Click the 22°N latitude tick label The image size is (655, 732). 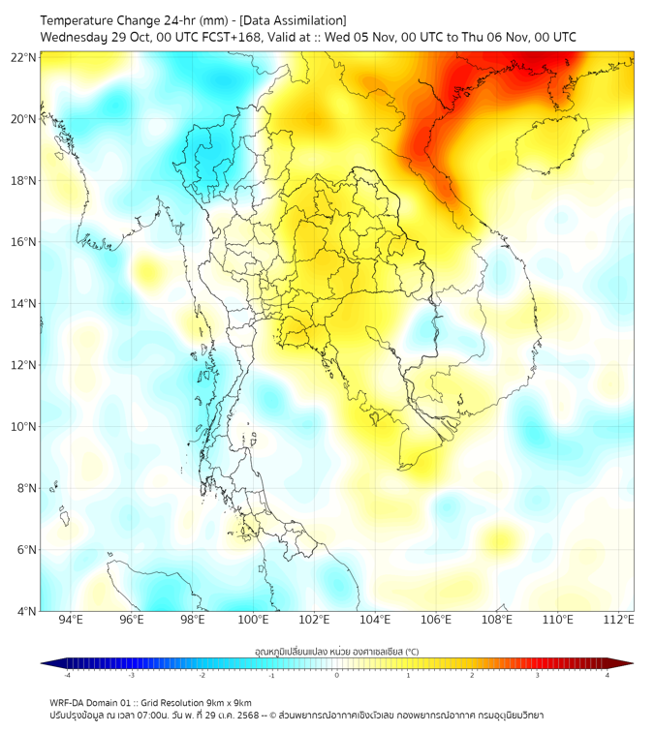click(24, 57)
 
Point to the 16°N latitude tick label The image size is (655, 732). click(24, 242)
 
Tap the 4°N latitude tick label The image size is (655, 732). click(27, 611)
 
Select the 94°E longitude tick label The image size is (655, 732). click(71, 620)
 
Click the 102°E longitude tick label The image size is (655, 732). click(314, 620)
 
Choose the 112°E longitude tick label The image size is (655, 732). click(619, 620)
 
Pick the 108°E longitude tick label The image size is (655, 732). click(497, 620)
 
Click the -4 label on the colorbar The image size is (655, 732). click(66, 675)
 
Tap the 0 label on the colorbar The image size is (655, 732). click(337, 675)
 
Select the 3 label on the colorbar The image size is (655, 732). click(539, 675)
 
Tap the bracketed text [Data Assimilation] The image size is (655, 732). click(294, 20)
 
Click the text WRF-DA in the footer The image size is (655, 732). click(70, 702)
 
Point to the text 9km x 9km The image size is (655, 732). click(230, 702)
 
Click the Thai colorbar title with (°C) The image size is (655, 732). click(336, 652)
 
